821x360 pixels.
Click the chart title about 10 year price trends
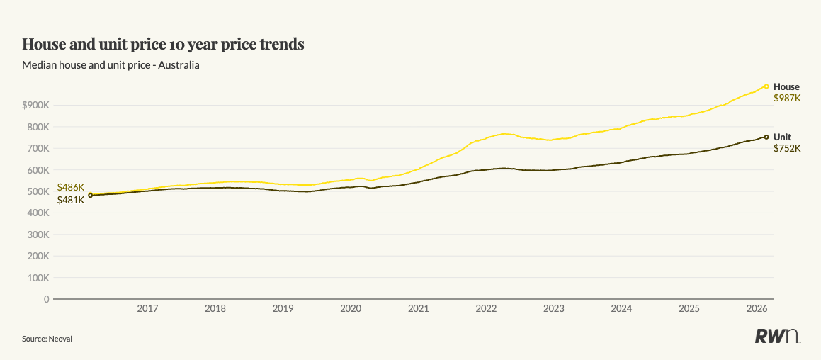point(163,44)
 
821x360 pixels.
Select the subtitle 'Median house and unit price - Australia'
point(111,65)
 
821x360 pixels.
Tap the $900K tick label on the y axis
point(35,105)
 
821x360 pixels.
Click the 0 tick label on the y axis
point(46,299)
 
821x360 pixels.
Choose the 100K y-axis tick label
point(37,278)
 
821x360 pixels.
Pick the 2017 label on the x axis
point(147,309)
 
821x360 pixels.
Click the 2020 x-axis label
point(351,309)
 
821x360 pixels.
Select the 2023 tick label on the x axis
point(554,309)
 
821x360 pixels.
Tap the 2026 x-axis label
point(758,309)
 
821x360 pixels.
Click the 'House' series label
point(786,87)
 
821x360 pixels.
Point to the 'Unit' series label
point(782,137)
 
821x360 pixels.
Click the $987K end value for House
point(787,99)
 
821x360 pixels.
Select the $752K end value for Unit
point(787,148)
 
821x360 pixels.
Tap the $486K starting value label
point(71,188)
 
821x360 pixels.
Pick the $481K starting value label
point(71,200)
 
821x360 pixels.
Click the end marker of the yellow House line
point(766,86)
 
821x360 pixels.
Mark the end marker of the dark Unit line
point(766,137)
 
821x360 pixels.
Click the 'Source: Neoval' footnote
point(47,339)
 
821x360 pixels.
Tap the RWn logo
point(776,337)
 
